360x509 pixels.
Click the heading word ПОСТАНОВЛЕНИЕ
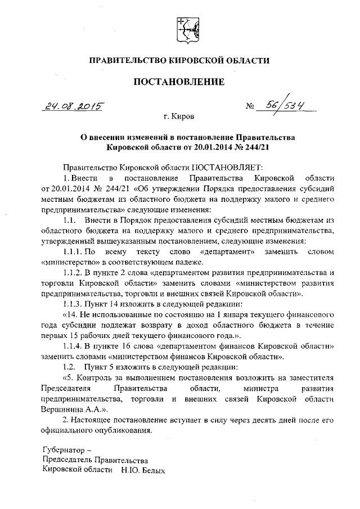[x=179, y=82]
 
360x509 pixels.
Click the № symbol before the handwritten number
[x=250, y=106]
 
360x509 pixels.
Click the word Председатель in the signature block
[x=67, y=460]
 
